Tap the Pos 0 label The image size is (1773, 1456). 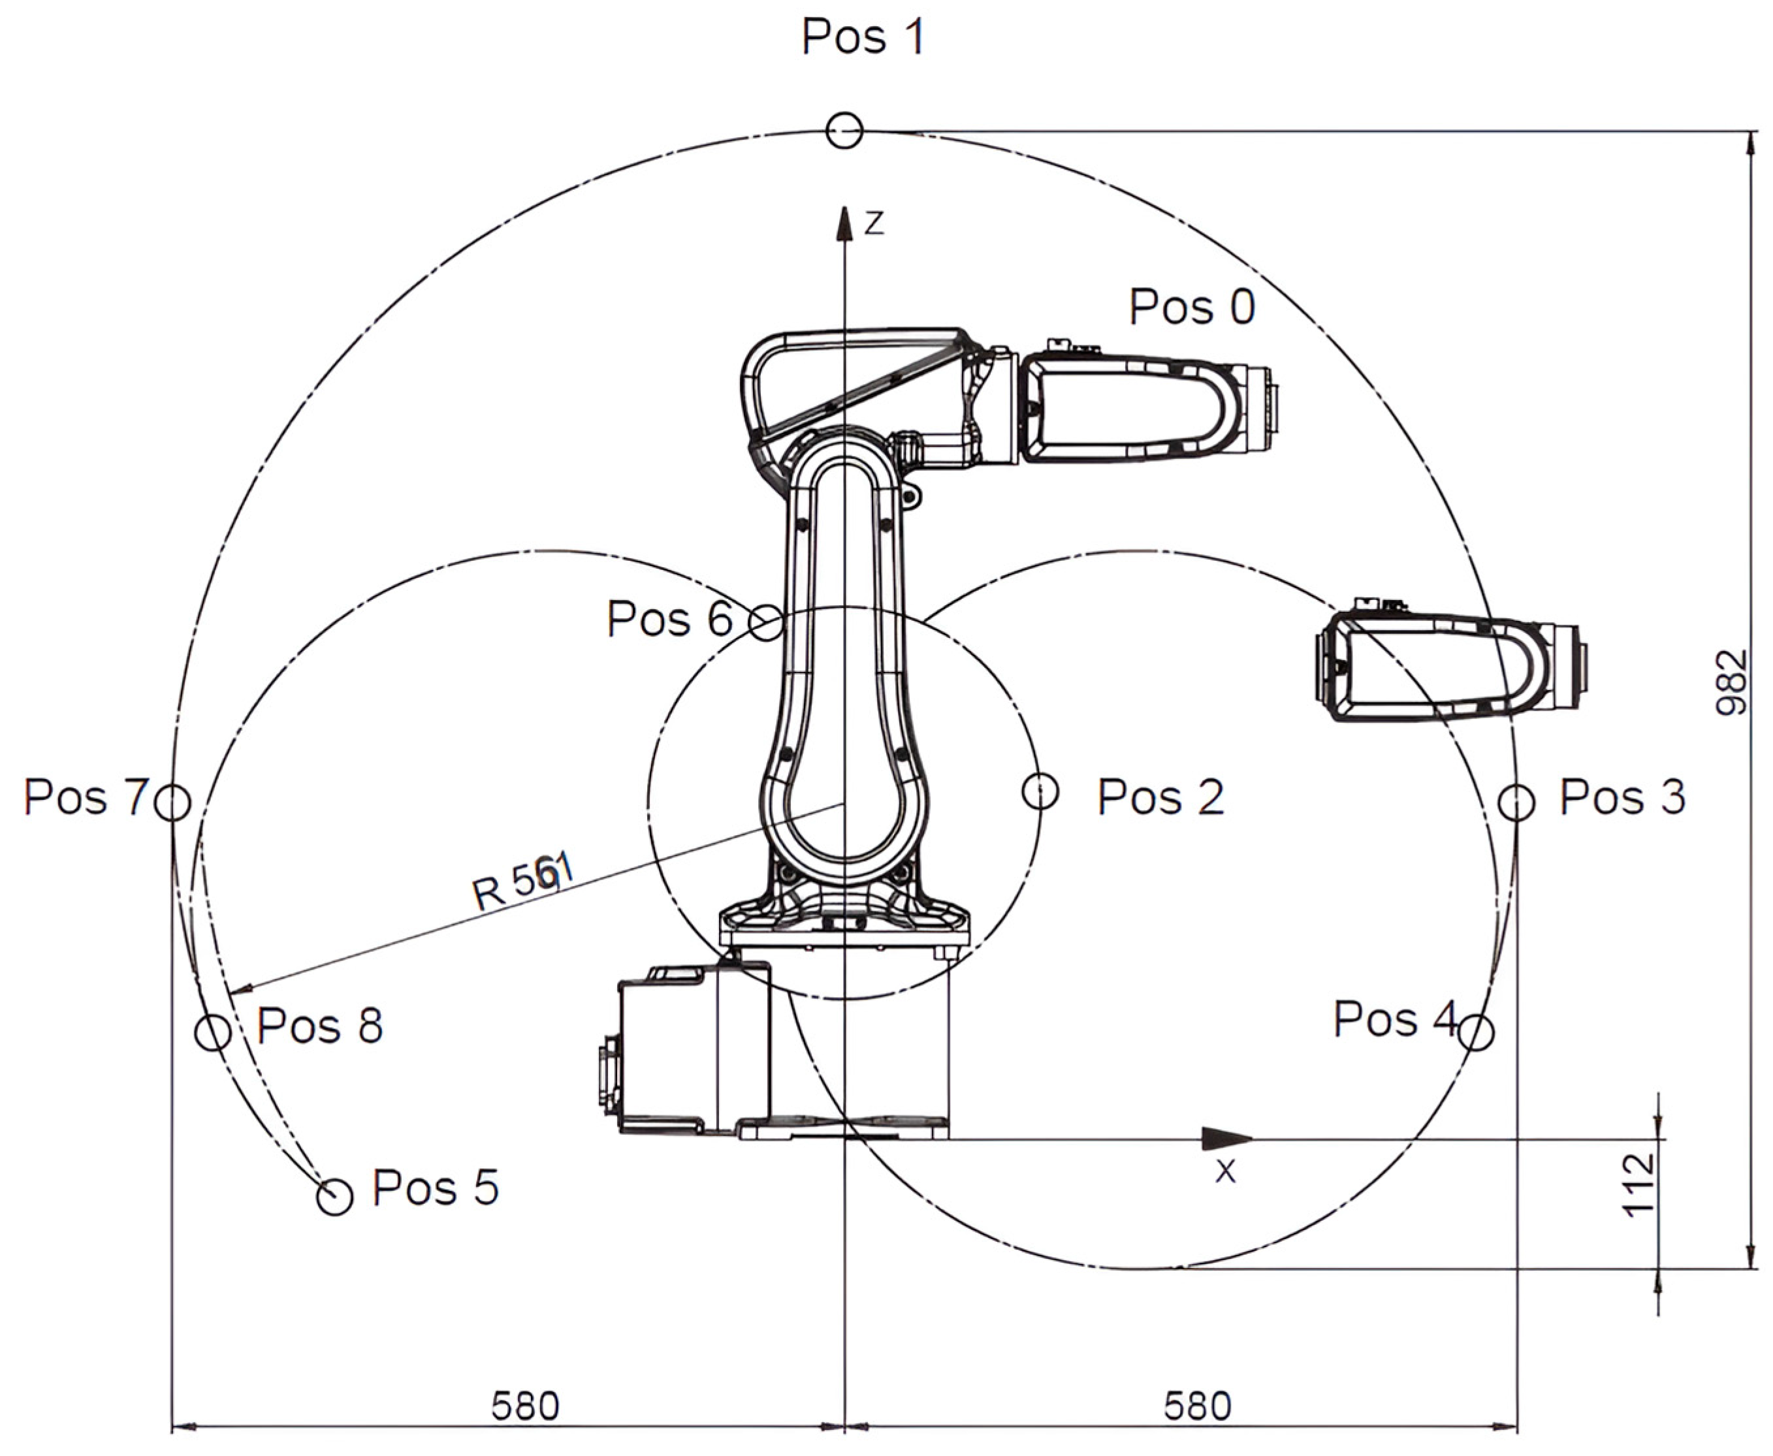point(1192,307)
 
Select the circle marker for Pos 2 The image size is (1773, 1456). point(1041,791)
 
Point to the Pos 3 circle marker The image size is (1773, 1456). point(1516,802)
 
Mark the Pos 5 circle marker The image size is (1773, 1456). point(334,1197)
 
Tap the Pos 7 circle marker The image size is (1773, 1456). point(174,802)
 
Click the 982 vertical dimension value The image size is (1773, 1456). point(1731,682)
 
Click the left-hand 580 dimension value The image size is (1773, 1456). point(525,1406)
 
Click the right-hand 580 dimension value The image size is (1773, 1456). point(1198,1406)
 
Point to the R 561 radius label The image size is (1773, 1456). point(522,882)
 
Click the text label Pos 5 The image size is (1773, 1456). point(436,1188)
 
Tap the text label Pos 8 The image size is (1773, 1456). point(319,1025)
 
